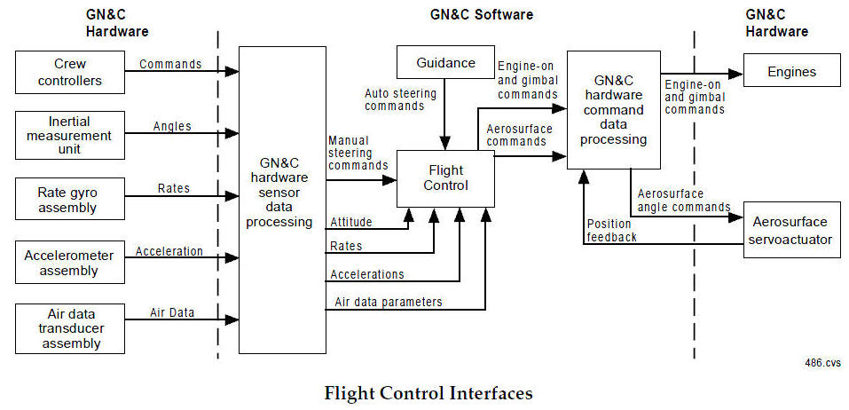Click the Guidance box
(446, 63)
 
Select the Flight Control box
(445, 177)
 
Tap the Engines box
(791, 71)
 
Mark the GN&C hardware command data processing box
(614, 110)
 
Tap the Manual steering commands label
(358, 153)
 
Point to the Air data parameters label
(389, 302)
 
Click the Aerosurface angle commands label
(682, 201)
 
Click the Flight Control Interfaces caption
(428, 392)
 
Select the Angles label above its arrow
(172, 126)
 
